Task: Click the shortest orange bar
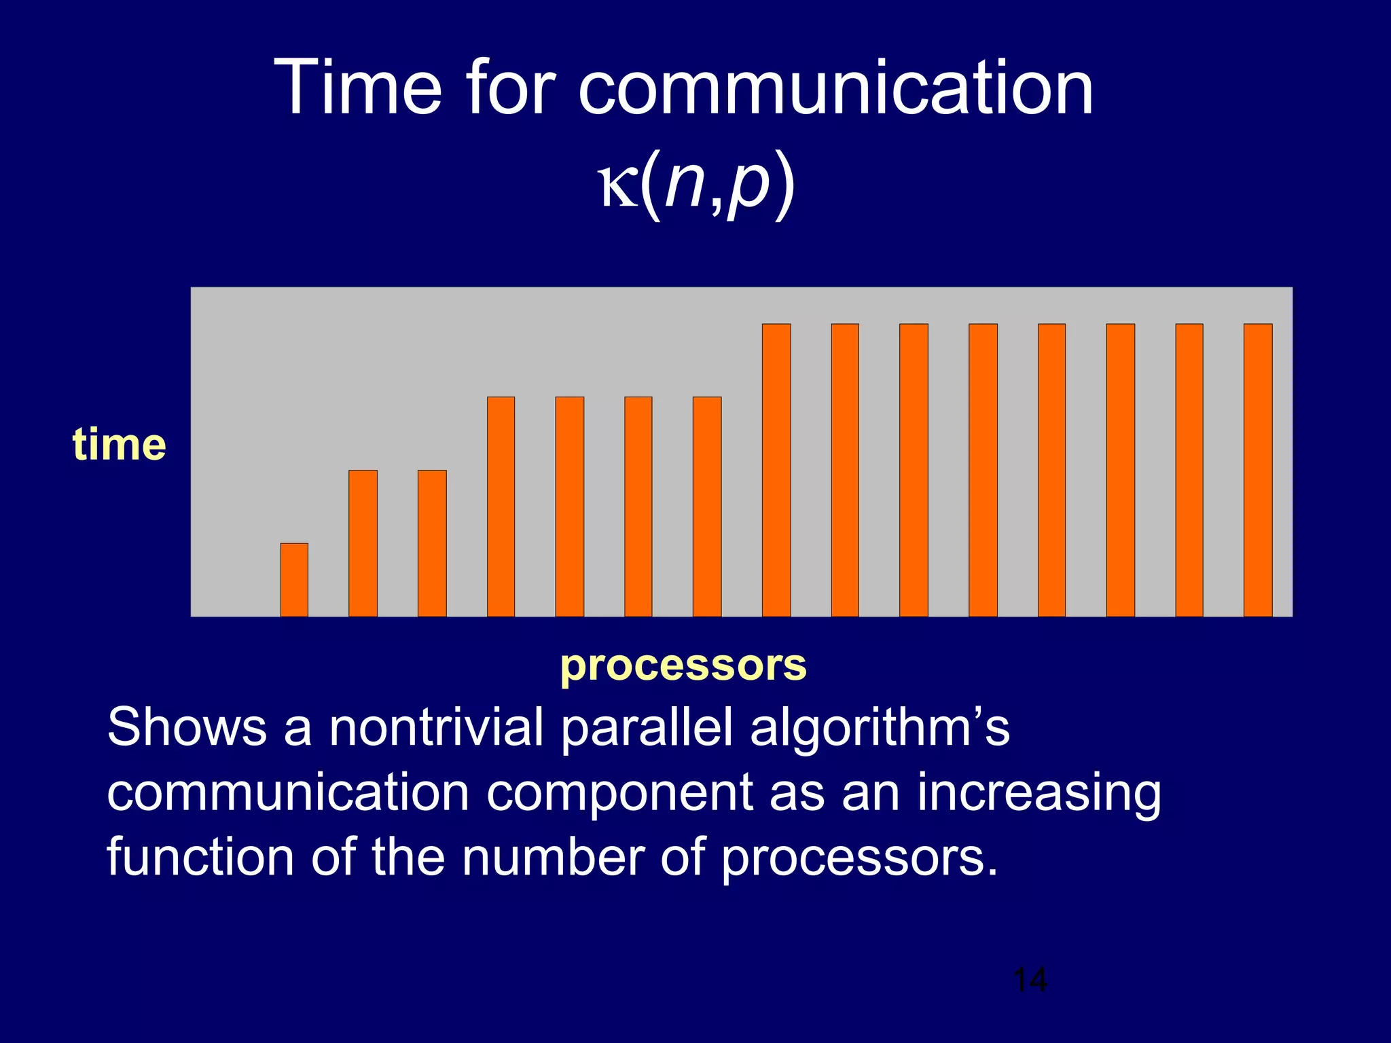294,580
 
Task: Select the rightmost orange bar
1258,470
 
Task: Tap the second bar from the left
363,543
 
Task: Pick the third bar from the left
432,543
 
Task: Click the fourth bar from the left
501,507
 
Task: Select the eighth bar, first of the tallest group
776,470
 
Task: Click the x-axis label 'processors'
683,665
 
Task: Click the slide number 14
1030,981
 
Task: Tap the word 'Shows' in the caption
187,727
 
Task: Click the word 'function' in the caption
201,857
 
